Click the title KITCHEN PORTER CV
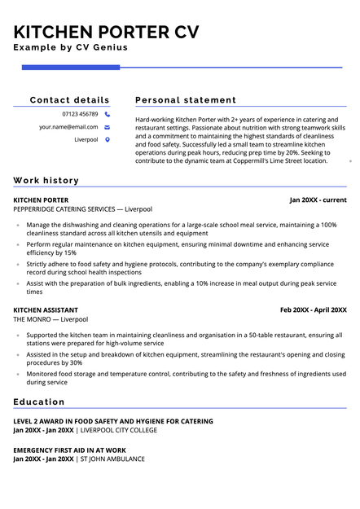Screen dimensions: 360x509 [x=106, y=33]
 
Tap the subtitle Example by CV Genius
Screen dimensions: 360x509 [x=70, y=48]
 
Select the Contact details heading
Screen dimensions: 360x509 [x=69, y=100]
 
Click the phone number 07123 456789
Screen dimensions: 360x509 [x=80, y=114]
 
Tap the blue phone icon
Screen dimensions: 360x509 [x=108, y=114]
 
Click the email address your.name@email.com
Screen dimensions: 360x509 [x=68, y=127]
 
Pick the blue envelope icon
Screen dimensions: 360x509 [x=108, y=127]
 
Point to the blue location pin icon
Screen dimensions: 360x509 [x=108, y=140]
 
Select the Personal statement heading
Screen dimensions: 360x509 [x=186, y=100]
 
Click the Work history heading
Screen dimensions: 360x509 [x=46, y=180]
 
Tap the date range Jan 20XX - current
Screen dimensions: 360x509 [x=318, y=200]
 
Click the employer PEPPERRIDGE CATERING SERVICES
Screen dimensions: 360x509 [x=64, y=209]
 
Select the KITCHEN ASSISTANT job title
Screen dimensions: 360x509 [x=46, y=309]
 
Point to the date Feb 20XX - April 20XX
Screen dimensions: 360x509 [x=313, y=309]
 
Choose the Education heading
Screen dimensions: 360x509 [x=39, y=401]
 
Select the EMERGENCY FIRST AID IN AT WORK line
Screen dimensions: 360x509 [x=69, y=450]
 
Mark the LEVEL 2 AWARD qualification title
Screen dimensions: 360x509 [x=113, y=421]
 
